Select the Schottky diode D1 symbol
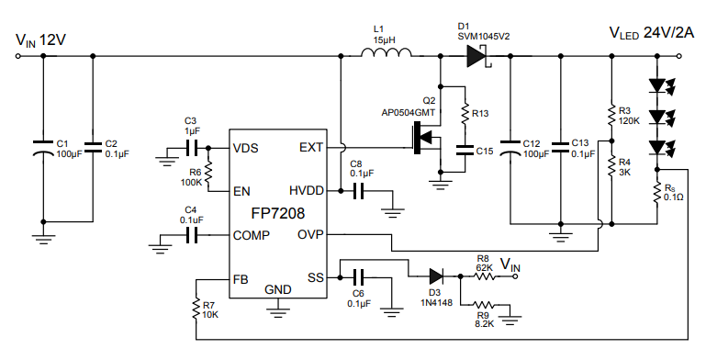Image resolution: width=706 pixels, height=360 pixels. (x=475, y=56)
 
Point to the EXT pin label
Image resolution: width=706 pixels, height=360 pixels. (x=311, y=148)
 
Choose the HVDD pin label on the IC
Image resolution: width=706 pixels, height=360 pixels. (x=306, y=191)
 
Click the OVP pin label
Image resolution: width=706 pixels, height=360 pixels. (x=309, y=234)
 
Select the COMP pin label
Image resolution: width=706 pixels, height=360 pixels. (x=252, y=235)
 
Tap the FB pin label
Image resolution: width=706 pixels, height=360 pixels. (x=241, y=277)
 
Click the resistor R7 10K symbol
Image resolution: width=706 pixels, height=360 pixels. (x=196, y=309)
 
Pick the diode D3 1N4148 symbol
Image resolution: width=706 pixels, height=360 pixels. (x=435, y=275)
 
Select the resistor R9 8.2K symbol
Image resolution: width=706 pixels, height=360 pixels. (x=484, y=305)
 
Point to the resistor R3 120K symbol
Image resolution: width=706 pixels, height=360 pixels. (x=611, y=115)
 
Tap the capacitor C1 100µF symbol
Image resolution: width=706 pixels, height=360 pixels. (x=41, y=149)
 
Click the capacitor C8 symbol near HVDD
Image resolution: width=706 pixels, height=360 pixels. (x=359, y=191)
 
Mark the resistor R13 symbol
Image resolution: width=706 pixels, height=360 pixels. (x=465, y=114)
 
